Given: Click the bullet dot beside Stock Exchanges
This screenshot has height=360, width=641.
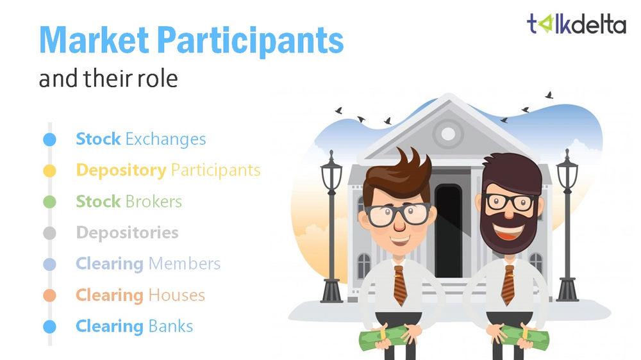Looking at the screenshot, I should (49, 139).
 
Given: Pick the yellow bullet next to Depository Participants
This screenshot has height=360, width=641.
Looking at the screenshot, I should (49, 170).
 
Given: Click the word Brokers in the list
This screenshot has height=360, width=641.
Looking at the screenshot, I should (153, 202).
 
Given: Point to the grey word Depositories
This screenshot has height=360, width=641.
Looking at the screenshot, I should (127, 233).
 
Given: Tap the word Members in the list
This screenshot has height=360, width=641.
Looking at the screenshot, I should (184, 264).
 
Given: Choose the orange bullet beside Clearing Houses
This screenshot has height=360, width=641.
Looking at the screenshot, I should (49, 295).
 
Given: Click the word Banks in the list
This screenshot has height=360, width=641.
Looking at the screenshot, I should (170, 326).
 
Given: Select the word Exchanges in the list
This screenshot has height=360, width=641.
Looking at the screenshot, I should (165, 139).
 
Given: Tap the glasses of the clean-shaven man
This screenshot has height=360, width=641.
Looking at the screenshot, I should (397, 213).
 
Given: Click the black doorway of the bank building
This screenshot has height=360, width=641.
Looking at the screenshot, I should (448, 231).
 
